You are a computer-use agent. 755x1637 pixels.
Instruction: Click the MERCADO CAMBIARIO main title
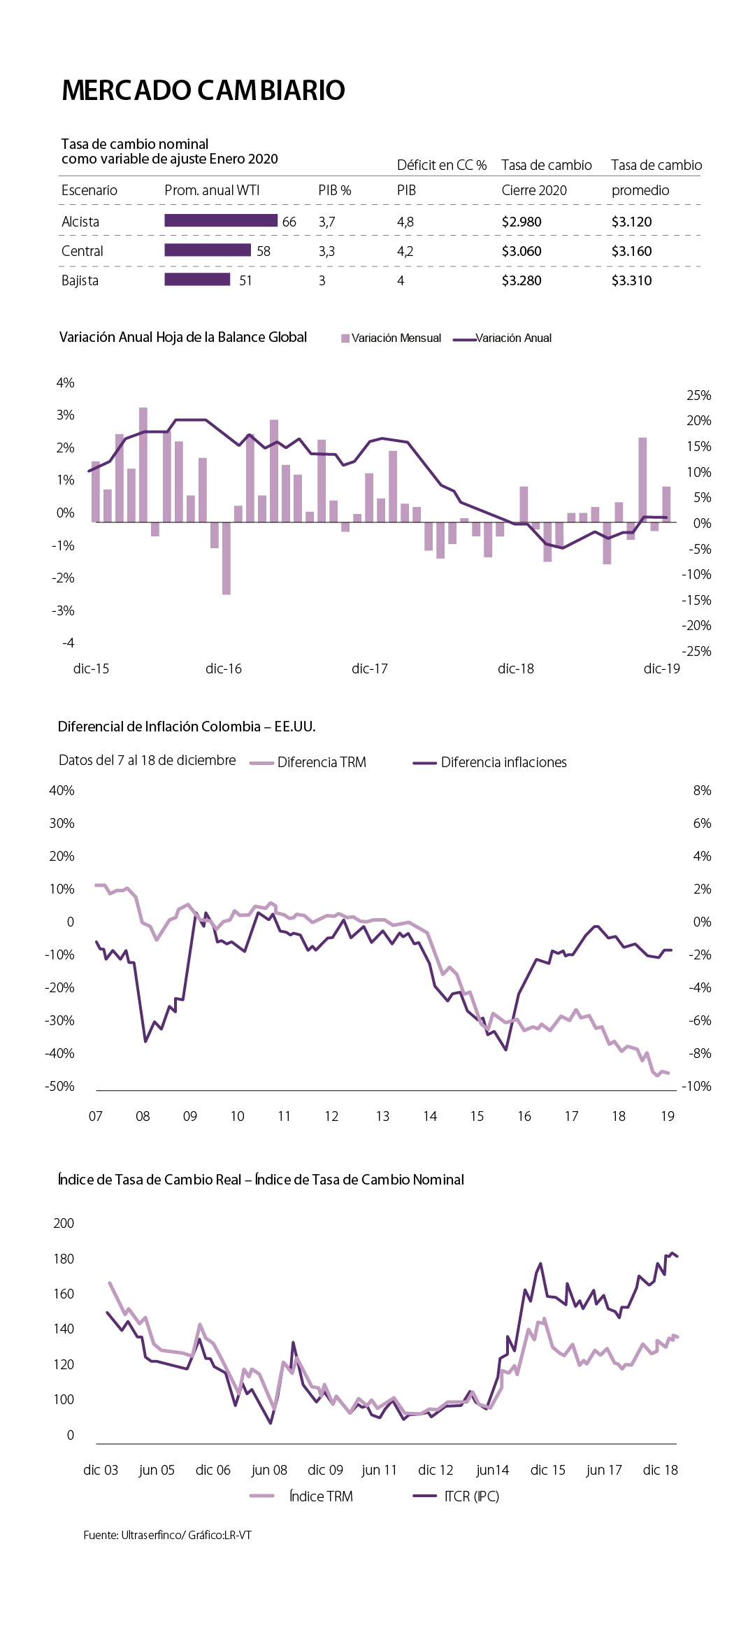pyautogui.click(x=203, y=90)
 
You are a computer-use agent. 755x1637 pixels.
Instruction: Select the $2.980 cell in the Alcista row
pyautogui.click(x=522, y=222)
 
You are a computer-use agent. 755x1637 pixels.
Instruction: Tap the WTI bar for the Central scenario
pyautogui.click(x=208, y=250)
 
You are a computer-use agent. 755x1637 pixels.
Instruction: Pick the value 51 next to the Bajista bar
pyautogui.click(x=245, y=280)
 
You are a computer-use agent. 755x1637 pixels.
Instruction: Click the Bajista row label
pyautogui.click(x=80, y=280)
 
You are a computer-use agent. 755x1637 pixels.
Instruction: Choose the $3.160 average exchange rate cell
pyautogui.click(x=631, y=251)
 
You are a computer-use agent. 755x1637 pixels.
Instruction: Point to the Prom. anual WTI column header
pyautogui.click(x=212, y=190)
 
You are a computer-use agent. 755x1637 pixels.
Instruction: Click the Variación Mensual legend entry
pyautogui.click(x=391, y=338)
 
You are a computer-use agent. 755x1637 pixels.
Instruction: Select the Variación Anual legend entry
pyautogui.click(x=503, y=338)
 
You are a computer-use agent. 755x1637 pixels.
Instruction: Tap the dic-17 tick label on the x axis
pyautogui.click(x=369, y=669)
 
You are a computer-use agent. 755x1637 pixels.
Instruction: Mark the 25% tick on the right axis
pyautogui.click(x=698, y=395)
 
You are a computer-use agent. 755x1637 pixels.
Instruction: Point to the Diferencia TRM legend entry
pyautogui.click(x=308, y=762)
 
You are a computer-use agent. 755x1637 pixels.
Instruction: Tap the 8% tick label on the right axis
pyautogui.click(x=702, y=790)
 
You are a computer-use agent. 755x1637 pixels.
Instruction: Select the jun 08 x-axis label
pyautogui.click(x=269, y=1470)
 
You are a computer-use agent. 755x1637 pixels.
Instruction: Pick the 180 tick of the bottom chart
pyautogui.click(x=64, y=1259)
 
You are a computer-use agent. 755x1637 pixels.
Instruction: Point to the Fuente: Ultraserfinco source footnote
pyautogui.click(x=167, y=1535)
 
